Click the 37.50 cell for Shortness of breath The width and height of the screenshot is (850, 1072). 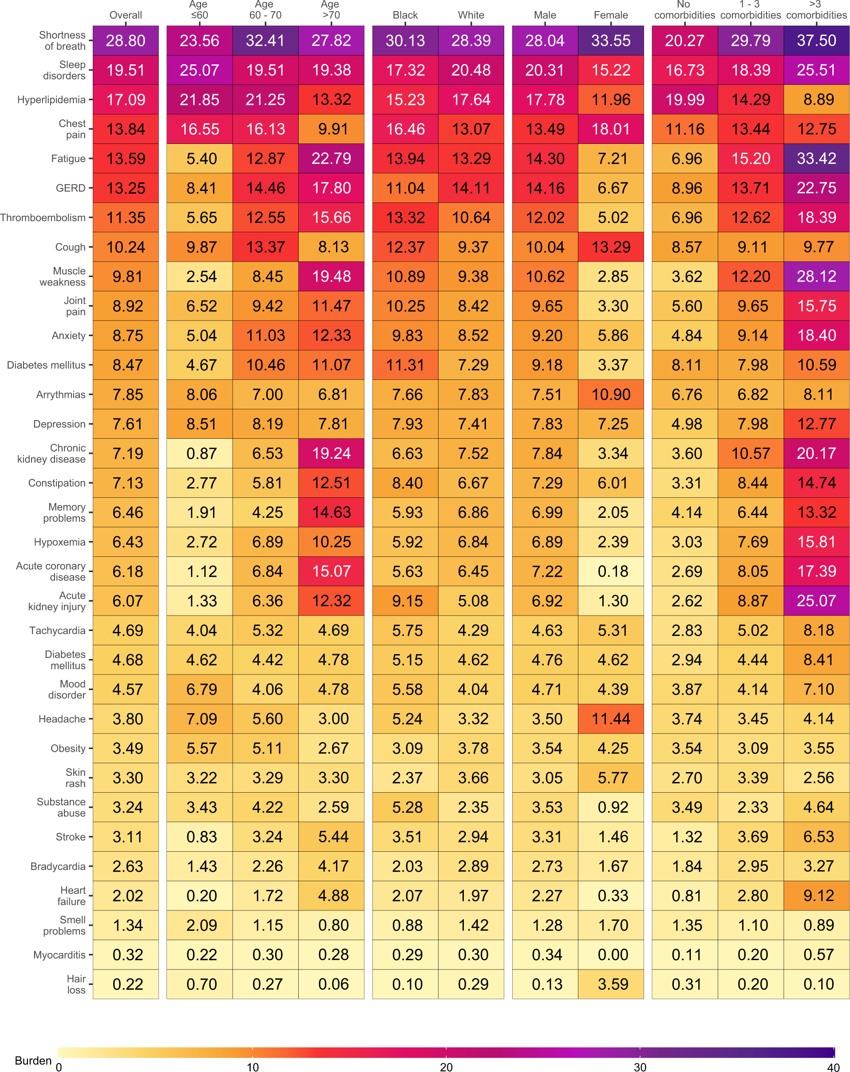(816, 40)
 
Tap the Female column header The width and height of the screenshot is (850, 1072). (610, 15)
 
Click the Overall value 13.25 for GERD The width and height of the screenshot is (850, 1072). (126, 188)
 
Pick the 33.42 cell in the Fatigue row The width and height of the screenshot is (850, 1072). (816, 159)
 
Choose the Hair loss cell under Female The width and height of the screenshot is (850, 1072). (610, 984)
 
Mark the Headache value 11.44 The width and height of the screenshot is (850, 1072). (610, 719)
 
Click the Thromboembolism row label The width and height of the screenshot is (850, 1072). (43, 217)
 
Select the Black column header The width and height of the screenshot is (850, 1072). (405, 15)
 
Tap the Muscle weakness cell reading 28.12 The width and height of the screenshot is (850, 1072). (816, 277)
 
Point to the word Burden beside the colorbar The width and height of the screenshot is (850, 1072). (33, 1060)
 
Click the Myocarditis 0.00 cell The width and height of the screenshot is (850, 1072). (610, 955)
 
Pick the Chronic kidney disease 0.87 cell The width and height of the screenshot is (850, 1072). (199, 453)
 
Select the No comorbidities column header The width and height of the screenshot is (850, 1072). (684, 10)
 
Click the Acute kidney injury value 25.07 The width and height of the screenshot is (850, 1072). (816, 601)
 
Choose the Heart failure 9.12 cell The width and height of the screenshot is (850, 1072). (816, 896)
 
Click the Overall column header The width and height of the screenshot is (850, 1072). (126, 15)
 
